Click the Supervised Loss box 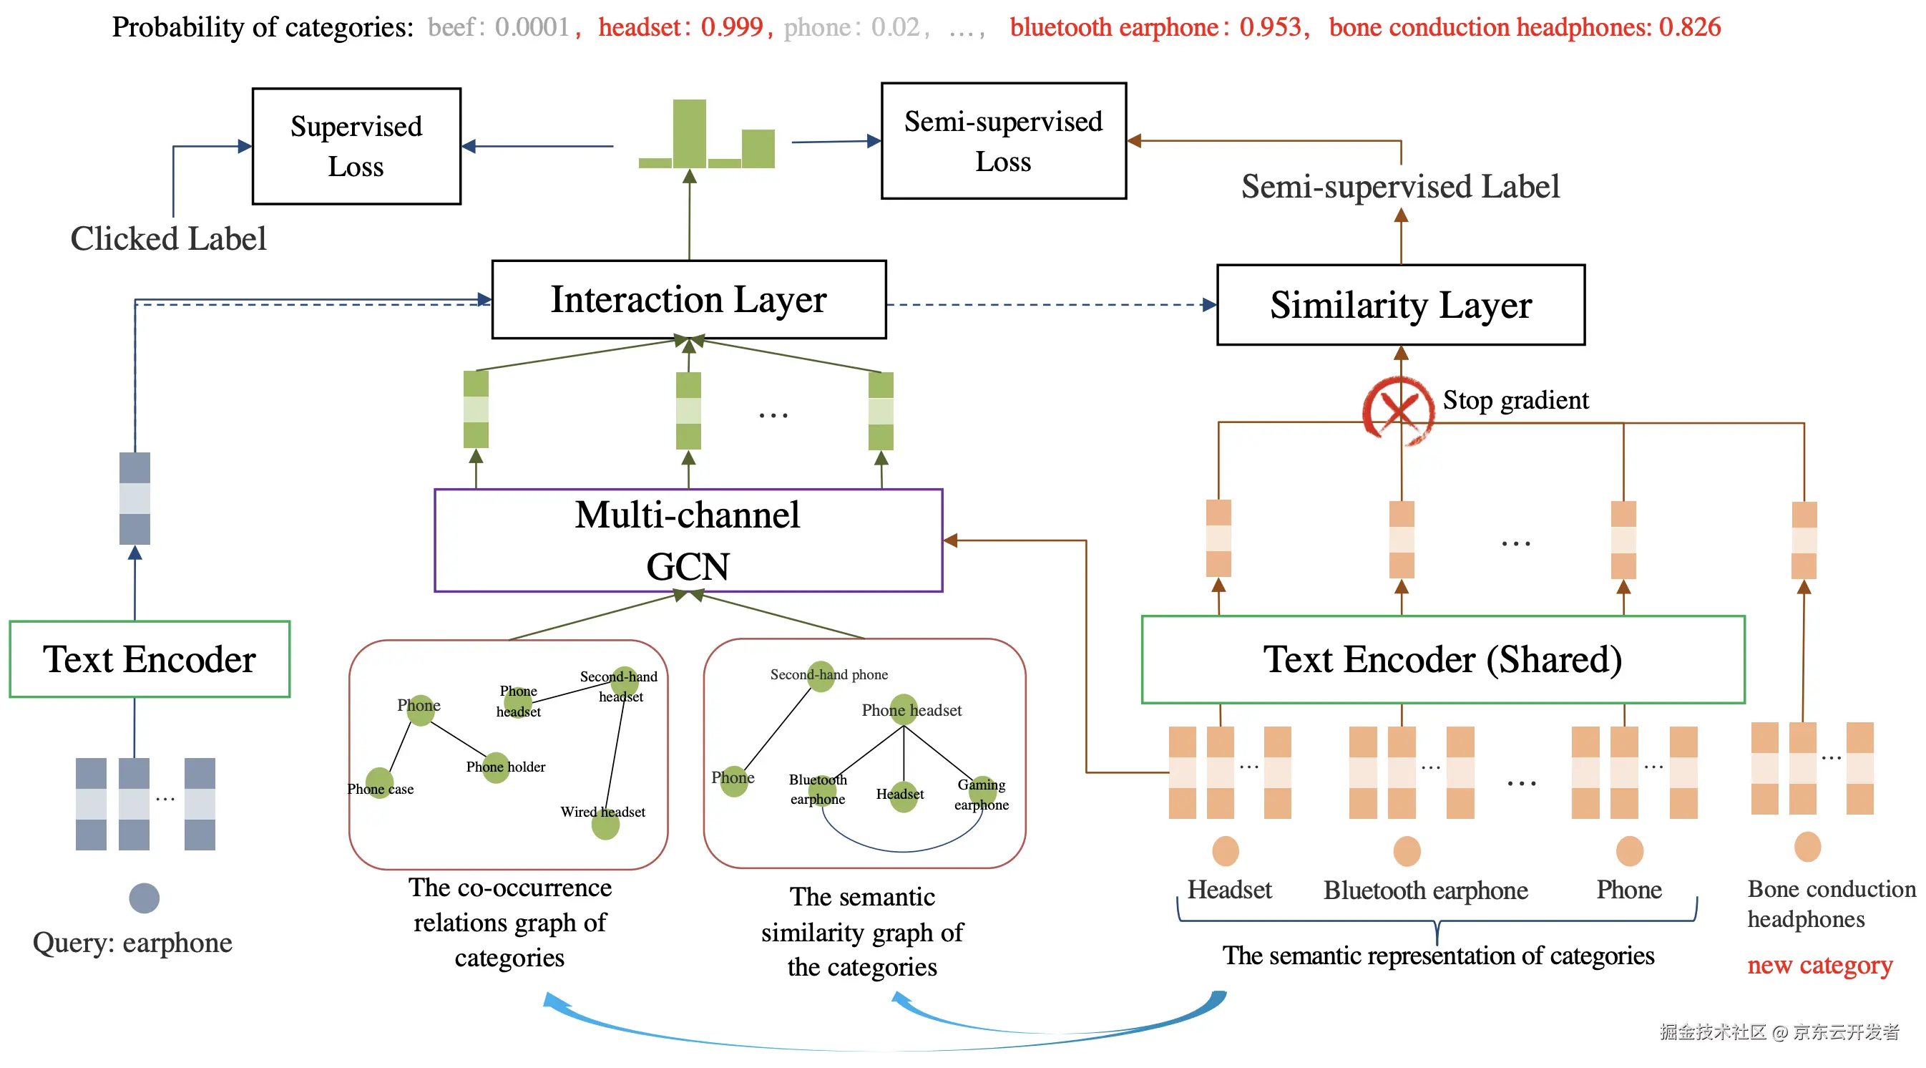point(356,146)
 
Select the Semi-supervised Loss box point(1002,140)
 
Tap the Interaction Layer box point(688,299)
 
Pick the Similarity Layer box point(1399,304)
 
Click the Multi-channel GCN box point(688,540)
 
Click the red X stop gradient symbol point(1397,410)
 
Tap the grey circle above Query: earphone point(145,898)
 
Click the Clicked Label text point(168,238)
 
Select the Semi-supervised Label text point(1399,186)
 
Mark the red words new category point(1819,965)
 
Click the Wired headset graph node point(605,824)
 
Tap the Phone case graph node point(379,783)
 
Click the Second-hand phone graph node point(821,676)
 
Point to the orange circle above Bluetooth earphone point(1407,851)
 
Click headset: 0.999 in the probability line point(680,27)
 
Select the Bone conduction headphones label point(1831,903)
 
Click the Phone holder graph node point(496,767)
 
